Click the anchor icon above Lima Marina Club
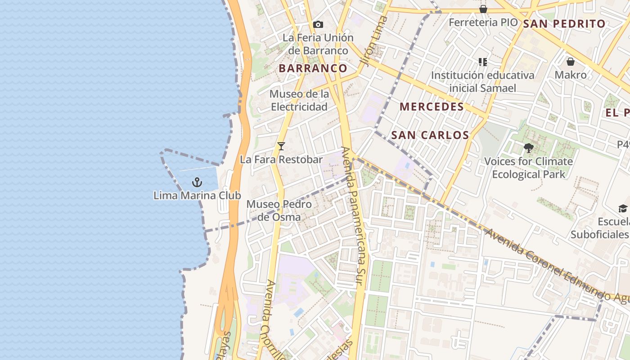click(x=197, y=182)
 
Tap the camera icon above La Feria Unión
click(x=318, y=25)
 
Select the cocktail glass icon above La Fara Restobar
click(x=281, y=146)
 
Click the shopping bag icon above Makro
click(x=571, y=62)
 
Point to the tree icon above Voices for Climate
click(x=529, y=148)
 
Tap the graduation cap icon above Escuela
click(x=623, y=208)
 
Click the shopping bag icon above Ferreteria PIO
click(x=483, y=9)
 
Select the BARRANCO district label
click(x=313, y=68)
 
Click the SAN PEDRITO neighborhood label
click(x=565, y=24)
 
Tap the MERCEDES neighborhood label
click(x=432, y=107)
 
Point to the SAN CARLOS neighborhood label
click(x=430, y=135)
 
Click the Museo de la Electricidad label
click(x=299, y=100)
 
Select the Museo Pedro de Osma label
click(x=279, y=211)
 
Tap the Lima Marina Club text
click(x=197, y=196)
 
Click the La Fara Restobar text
click(x=281, y=160)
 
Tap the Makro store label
click(x=571, y=75)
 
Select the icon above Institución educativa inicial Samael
click(x=483, y=62)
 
